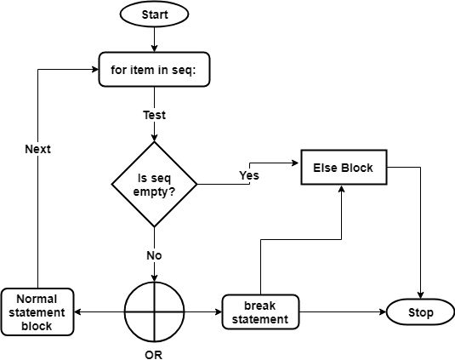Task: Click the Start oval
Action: coord(154,14)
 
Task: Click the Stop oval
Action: coord(420,312)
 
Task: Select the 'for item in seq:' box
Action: coord(154,70)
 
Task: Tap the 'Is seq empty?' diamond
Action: coord(154,185)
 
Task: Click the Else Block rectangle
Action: coord(342,168)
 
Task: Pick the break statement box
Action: coord(260,312)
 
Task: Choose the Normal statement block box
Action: coord(37,311)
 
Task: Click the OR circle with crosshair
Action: coord(154,312)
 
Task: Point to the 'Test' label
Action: coord(154,113)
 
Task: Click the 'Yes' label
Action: coord(249,176)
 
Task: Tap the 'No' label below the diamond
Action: coord(154,254)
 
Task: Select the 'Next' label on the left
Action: coord(37,149)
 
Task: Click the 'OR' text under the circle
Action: coord(154,354)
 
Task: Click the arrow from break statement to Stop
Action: coord(340,312)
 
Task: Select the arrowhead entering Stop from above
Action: coord(420,294)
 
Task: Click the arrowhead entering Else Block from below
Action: coord(342,188)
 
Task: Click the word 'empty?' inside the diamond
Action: coord(154,192)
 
